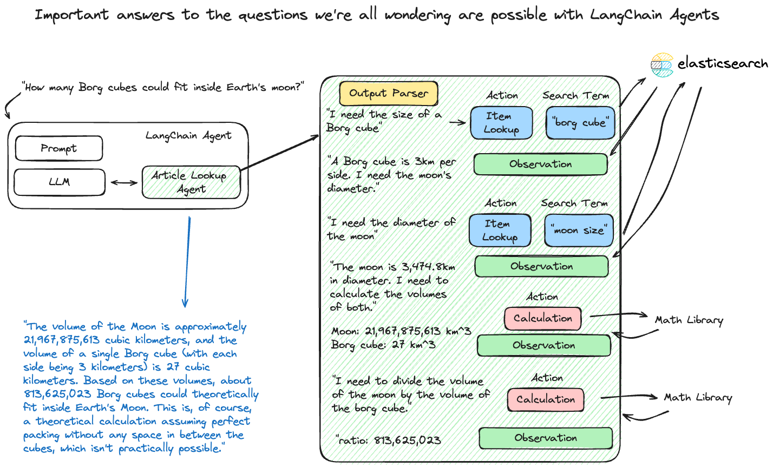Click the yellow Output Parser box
[388, 94]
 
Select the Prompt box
[58, 149]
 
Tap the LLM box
[59, 182]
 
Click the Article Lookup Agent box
[191, 182]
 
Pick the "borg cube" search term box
[580, 123]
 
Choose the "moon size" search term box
[579, 231]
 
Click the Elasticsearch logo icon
[661, 65]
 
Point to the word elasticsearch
[723, 64]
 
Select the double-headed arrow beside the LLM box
[124, 183]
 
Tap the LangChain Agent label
[188, 135]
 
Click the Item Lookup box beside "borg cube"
[501, 123]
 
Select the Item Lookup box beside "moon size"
[500, 231]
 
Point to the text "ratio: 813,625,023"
[388, 440]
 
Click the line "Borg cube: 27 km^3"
[383, 345]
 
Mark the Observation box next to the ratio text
[546, 438]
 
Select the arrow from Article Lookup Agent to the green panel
[279, 152]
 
